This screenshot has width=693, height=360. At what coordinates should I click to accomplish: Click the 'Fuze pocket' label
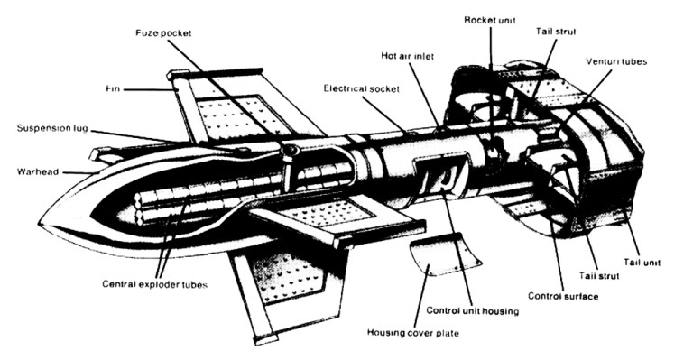pos(163,33)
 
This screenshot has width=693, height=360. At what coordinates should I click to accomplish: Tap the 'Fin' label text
pos(113,88)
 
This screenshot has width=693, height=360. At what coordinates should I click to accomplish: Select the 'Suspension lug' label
pos(52,128)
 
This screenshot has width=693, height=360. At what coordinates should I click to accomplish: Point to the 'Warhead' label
pos(38,171)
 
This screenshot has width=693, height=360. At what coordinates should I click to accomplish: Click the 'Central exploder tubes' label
pos(154,284)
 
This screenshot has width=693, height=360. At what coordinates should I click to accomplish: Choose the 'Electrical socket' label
pos(362,88)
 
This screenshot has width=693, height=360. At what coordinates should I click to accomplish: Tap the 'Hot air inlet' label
pos(408,56)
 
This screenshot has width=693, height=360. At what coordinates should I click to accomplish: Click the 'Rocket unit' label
pos(490,21)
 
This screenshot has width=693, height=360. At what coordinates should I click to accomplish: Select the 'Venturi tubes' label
pos(616,61)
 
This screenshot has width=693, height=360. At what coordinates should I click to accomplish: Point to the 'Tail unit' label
pos(642,263)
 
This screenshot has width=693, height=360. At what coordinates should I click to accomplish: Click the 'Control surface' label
pos(563,296)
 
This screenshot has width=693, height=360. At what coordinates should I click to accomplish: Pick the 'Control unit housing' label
pos(473,311)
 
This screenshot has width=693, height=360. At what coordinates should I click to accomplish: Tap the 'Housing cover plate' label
pos(413,333)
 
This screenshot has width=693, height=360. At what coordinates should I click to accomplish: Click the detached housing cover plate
pos(444,254)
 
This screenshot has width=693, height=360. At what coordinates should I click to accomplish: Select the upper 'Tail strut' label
pos(556,32)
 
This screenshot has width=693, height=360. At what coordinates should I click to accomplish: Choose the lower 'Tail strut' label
pos(599,276)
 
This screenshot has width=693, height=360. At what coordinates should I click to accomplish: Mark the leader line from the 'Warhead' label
pos(78,172)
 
